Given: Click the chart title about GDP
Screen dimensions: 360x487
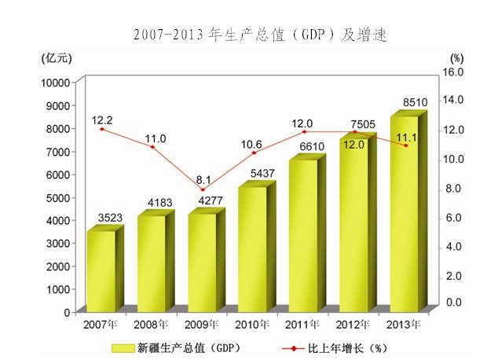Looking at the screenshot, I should (x=260, y=35).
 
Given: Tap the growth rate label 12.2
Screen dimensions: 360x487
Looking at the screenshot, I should (x=102, y=120).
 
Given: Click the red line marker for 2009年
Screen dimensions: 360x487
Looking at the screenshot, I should (x=202, y=189).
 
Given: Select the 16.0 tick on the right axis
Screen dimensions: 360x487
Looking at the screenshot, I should (x=456, y=72).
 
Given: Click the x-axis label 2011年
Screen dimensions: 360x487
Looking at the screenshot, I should (x=303, y=323).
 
